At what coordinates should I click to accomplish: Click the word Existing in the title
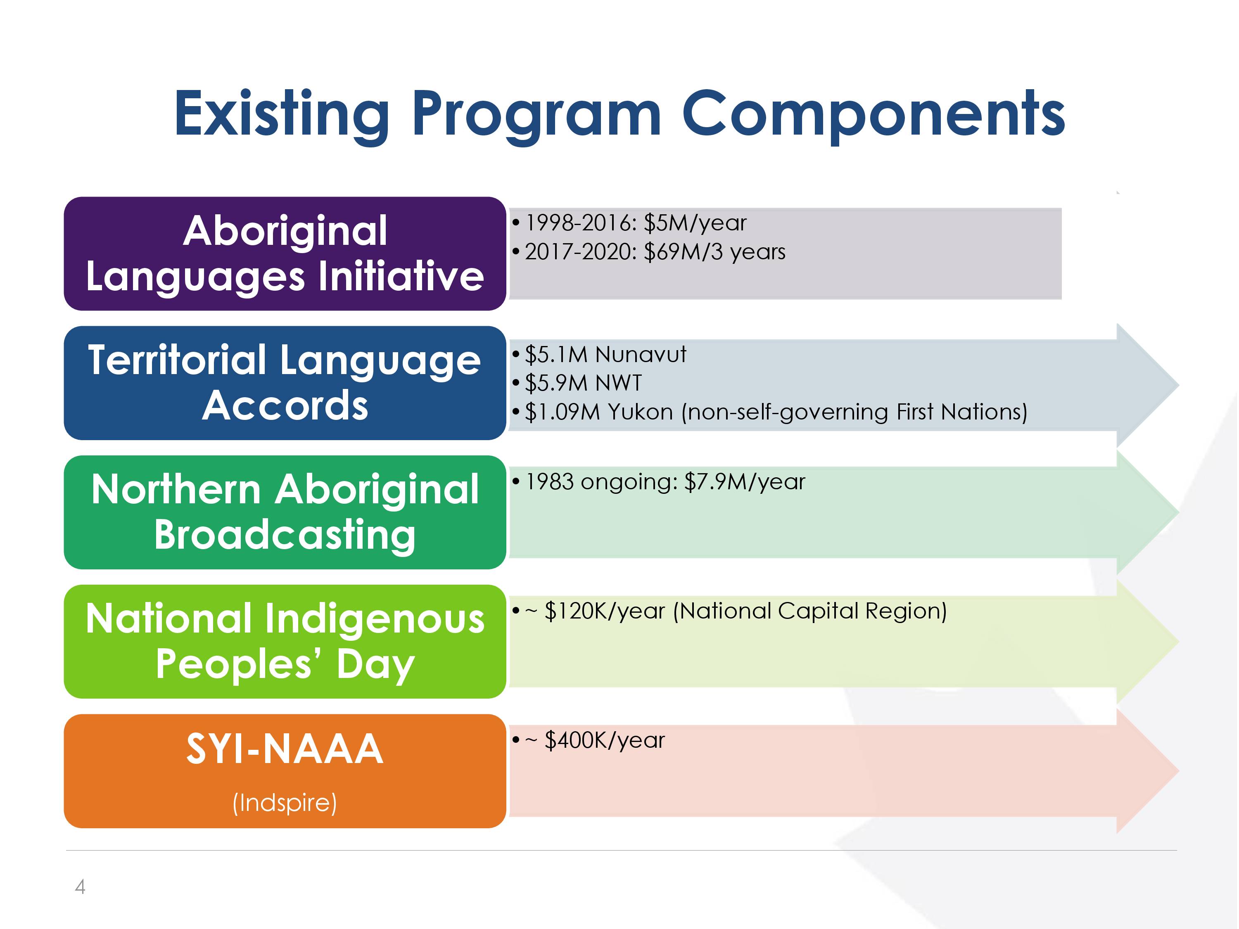282,115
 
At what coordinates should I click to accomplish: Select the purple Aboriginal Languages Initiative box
285,254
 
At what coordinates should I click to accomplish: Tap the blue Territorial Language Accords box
285,383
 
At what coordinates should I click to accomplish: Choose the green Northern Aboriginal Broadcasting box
285,512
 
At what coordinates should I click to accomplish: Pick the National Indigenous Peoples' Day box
285,642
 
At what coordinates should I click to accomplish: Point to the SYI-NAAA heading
285,749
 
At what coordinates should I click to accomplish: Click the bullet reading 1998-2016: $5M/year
629,223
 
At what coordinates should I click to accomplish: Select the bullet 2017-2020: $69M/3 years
649,252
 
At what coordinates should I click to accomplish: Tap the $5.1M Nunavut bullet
599,354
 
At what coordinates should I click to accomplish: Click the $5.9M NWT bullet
577,383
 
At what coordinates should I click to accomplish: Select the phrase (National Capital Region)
810,611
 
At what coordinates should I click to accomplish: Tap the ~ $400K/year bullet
588,740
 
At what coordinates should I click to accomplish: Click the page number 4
80,886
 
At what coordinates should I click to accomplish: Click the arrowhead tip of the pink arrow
1179,772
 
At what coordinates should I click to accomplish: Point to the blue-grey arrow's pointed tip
1179,385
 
